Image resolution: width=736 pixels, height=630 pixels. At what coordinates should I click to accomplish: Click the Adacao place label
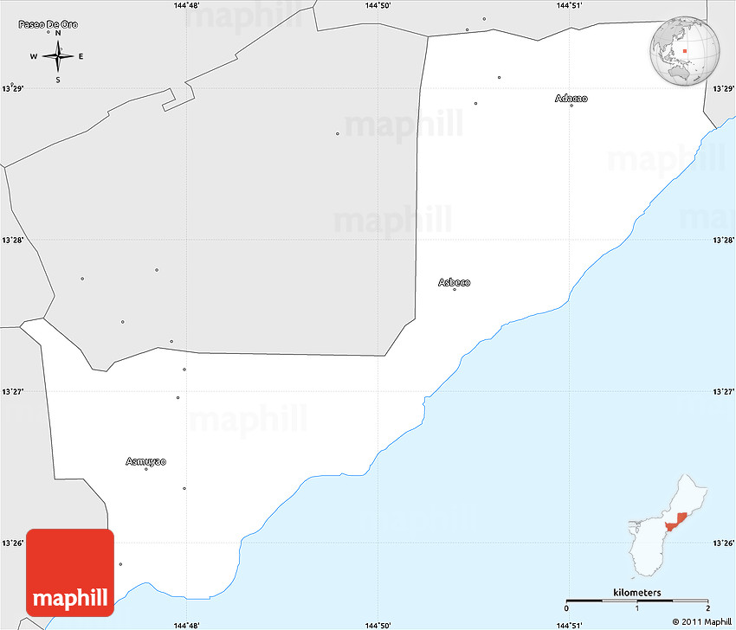tap(571, 99)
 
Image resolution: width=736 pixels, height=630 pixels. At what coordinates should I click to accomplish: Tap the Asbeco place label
tap(455, 282)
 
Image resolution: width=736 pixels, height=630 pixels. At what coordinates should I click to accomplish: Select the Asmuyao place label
tap(145, 461)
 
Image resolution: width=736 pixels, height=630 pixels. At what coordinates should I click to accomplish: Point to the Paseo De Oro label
tap(48, 24)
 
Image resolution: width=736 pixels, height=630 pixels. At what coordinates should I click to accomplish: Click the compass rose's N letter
tap(58, 34)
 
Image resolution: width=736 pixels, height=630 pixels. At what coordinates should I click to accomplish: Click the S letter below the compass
tap(58, 80)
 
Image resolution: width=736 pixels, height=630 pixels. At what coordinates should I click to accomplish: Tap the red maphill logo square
tap(70, 572)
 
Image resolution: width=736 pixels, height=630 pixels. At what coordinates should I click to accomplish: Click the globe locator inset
tap(686, 51)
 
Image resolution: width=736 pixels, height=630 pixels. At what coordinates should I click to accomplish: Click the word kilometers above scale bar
tap(637, 592)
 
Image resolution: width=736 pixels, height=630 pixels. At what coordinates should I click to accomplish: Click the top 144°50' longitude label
tap(378, 5)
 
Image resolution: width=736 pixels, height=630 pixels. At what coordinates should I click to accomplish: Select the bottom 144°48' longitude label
tap(186, 625)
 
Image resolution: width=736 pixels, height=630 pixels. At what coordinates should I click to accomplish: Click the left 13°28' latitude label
tap(12, 240)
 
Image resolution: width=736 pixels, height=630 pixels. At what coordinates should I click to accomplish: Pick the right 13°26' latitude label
tap(723, 543)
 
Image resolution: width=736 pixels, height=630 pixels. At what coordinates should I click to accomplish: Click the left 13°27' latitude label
tap(12, 391)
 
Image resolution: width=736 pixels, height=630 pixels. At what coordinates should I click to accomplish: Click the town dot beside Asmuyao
tap(146, 469)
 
